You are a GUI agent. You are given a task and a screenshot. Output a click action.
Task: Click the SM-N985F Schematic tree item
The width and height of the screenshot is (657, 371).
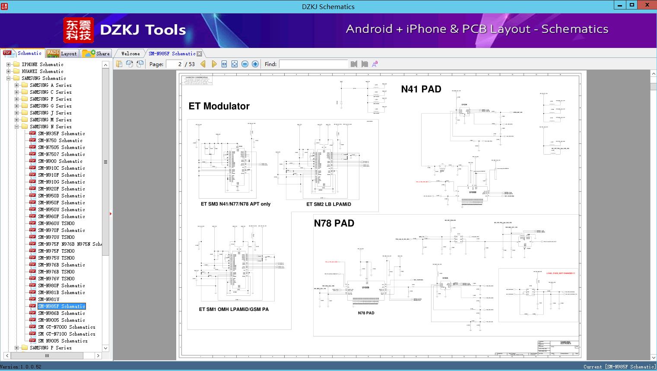(x=61, y=306)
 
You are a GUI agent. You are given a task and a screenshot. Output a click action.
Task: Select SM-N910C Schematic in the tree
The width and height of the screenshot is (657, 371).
(x=61, y=168)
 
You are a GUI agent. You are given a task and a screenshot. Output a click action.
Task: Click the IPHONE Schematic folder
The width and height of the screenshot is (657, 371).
(x=42, y=64)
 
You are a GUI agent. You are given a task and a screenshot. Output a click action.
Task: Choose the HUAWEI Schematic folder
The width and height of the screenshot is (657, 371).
(x=42, y=71)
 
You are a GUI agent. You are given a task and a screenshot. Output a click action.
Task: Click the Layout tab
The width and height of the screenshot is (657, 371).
(x=62, y=54)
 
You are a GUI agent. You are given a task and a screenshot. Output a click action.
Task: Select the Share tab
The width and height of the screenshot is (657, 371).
(x=96, y=54)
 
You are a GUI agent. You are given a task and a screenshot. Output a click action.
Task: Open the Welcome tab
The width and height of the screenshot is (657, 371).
(x=130, y=54)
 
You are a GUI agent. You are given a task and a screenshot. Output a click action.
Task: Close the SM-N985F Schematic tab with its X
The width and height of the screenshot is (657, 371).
(x=199, y=54)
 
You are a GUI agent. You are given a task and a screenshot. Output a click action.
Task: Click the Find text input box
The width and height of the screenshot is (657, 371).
(x=313, y=64)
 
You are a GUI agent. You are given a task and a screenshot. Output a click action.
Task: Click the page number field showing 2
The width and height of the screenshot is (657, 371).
(x=175, y=64)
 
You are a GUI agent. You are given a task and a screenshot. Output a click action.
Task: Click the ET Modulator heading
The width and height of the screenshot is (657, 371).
(x=219, y=106)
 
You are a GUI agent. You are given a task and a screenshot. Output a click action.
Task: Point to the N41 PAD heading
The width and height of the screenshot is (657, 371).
(x=421, y=89)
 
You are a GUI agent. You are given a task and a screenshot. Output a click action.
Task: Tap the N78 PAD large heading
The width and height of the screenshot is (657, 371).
(x=334, y=223)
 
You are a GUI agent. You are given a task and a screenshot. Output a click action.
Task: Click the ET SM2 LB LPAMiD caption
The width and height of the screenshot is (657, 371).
(x=329, y=204)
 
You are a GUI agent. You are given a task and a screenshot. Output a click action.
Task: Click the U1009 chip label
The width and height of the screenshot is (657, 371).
(x=365, y=288)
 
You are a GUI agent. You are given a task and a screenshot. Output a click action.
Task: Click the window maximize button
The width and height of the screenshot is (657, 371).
(x=632, y=5)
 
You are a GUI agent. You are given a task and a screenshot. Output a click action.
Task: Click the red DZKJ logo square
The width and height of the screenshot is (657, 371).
(x=79, y=30)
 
